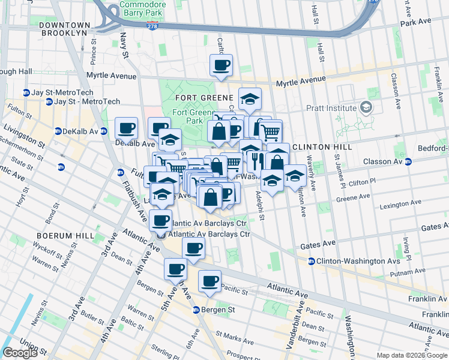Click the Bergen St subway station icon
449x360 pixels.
pos(196,310)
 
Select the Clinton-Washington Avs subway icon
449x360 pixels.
pos(312,261)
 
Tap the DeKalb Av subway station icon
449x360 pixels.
pos(58,131)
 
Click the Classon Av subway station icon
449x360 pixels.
pos(408,161)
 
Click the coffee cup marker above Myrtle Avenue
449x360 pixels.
pos(221,65)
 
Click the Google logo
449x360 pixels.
pos(20,353)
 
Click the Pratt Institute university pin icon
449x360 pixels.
pos(366,109)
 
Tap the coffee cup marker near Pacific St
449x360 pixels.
pos(210,281)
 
